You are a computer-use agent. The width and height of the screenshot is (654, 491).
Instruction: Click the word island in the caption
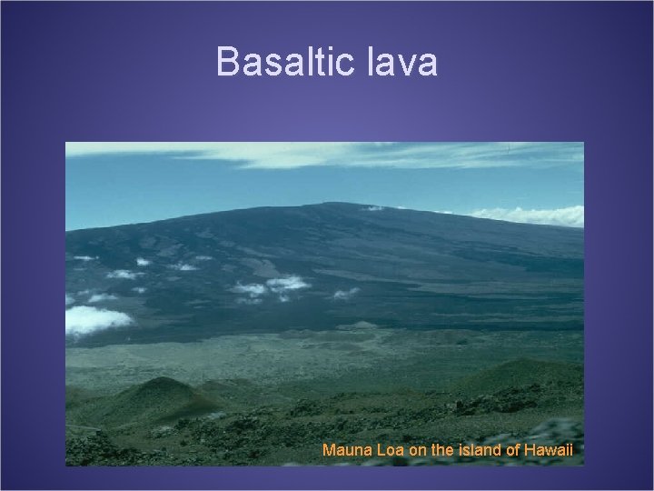[x=471, y=449]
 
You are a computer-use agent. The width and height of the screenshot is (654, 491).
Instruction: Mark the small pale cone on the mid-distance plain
[x=364, y=326]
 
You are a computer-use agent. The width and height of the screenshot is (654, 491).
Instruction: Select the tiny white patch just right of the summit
[x=375, y=208]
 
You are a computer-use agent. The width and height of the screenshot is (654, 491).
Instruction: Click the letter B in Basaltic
[x=227, y=62]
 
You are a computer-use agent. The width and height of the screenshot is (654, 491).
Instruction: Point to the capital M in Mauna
[x=328, y=449]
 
